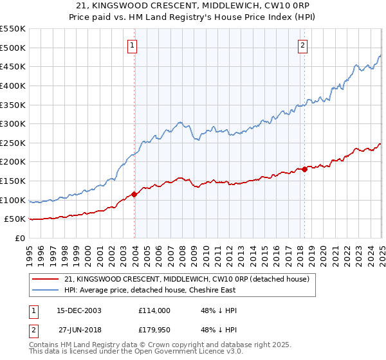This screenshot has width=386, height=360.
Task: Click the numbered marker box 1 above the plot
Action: tap(132, 45)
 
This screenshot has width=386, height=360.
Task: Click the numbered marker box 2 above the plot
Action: tap(302, 45)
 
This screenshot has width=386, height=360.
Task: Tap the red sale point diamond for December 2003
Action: tap(134, 194)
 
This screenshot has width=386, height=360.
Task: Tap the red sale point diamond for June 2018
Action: tap(305, 169)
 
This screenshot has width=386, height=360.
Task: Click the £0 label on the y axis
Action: tap(19, 238)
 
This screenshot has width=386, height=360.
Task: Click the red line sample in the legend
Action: tap(46, 279)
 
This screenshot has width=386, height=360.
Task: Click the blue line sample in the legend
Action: tap(46, 291)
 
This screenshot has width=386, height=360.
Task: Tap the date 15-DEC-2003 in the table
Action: tap(78, 310)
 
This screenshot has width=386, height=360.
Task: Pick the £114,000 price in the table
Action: tap(154, 310)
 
